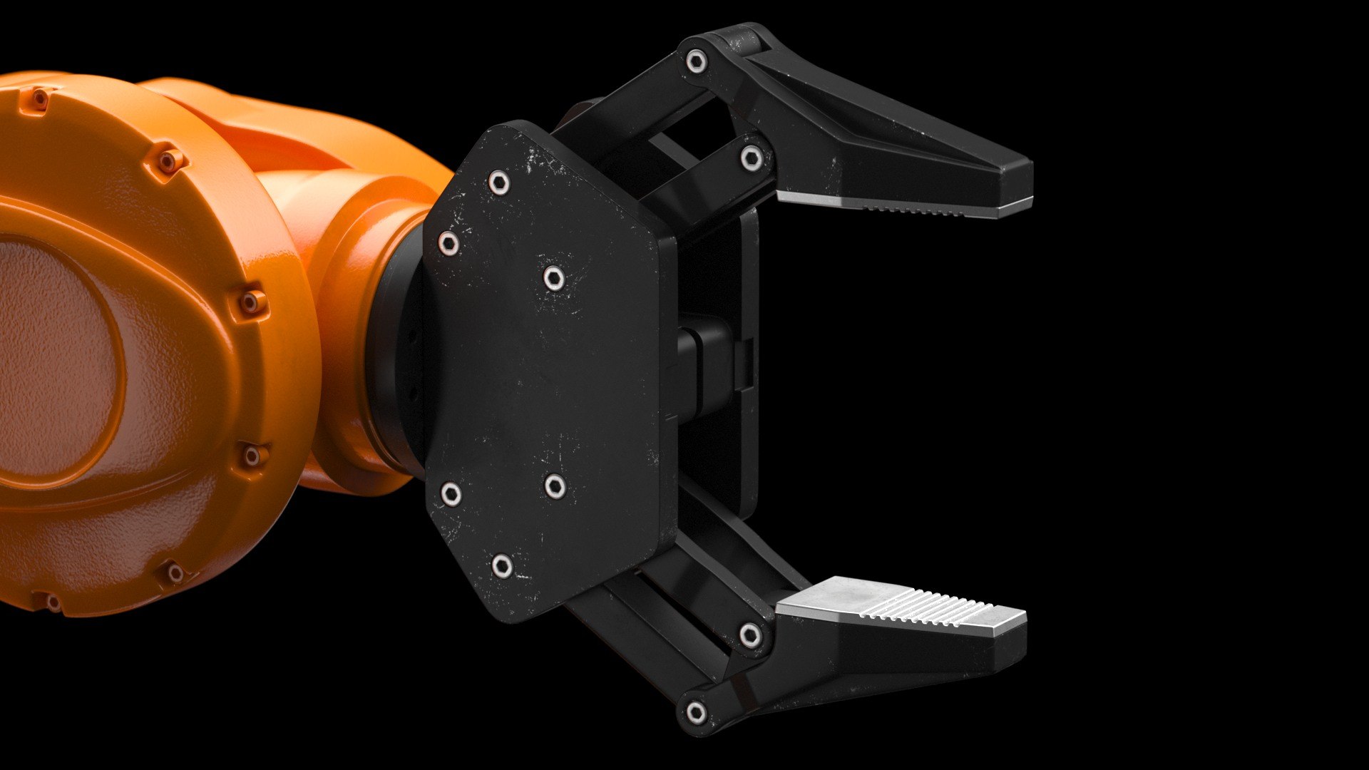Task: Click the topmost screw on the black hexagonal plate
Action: (499, 183)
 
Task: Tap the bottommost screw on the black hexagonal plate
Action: (502, 566)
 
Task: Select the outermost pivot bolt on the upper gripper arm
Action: (697, 61)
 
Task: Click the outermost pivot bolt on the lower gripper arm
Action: (695, 712)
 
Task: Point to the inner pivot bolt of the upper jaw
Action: (752, 158)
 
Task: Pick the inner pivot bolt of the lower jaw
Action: (749, 634)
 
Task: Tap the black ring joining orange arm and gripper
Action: (392, 356)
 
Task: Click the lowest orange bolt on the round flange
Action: (53, 603)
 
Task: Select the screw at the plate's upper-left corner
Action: (448, 243)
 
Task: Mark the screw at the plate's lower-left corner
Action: (450, 493)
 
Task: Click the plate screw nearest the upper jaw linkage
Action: (553, 278)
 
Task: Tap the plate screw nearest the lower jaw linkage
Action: (555, 486)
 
